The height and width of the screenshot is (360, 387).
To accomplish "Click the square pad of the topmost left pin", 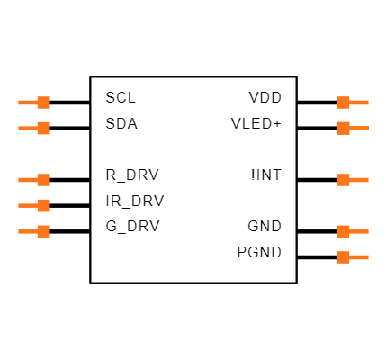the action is coord(43,103).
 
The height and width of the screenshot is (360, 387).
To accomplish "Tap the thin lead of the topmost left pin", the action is coord(27,103).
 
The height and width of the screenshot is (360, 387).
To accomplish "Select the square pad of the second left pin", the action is coord(43,128).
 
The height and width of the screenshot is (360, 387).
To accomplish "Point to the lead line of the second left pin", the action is coord(27,128).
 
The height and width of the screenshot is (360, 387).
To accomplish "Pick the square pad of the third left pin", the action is coord(43,180).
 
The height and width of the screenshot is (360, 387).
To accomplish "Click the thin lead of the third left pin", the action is coord(27,180).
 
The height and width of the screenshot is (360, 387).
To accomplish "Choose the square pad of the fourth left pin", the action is coord(43,205).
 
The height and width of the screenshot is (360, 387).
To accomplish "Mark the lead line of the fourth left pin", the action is coord(27,205).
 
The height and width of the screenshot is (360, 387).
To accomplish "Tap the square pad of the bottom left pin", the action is coord(43,231).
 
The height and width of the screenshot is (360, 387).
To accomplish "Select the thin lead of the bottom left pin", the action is coord(27,231).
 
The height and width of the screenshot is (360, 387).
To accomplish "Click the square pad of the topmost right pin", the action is coord(343,103).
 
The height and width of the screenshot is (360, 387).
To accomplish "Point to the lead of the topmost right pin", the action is coord(360,103).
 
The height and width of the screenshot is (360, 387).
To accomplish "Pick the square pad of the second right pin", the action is coord(343,128).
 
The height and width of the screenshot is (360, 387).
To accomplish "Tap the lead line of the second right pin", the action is coord(360,128).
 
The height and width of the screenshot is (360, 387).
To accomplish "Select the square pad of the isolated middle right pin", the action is coord(343,180).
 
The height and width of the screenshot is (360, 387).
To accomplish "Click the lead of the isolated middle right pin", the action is coord(360,180).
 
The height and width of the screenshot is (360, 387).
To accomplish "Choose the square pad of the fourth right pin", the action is coord(343,231).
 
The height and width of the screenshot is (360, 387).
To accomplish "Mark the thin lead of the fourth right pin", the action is coord(360,231).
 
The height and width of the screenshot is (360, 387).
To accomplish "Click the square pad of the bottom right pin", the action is coord(343,257).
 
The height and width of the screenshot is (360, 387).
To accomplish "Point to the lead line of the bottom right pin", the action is coord(360,257).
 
